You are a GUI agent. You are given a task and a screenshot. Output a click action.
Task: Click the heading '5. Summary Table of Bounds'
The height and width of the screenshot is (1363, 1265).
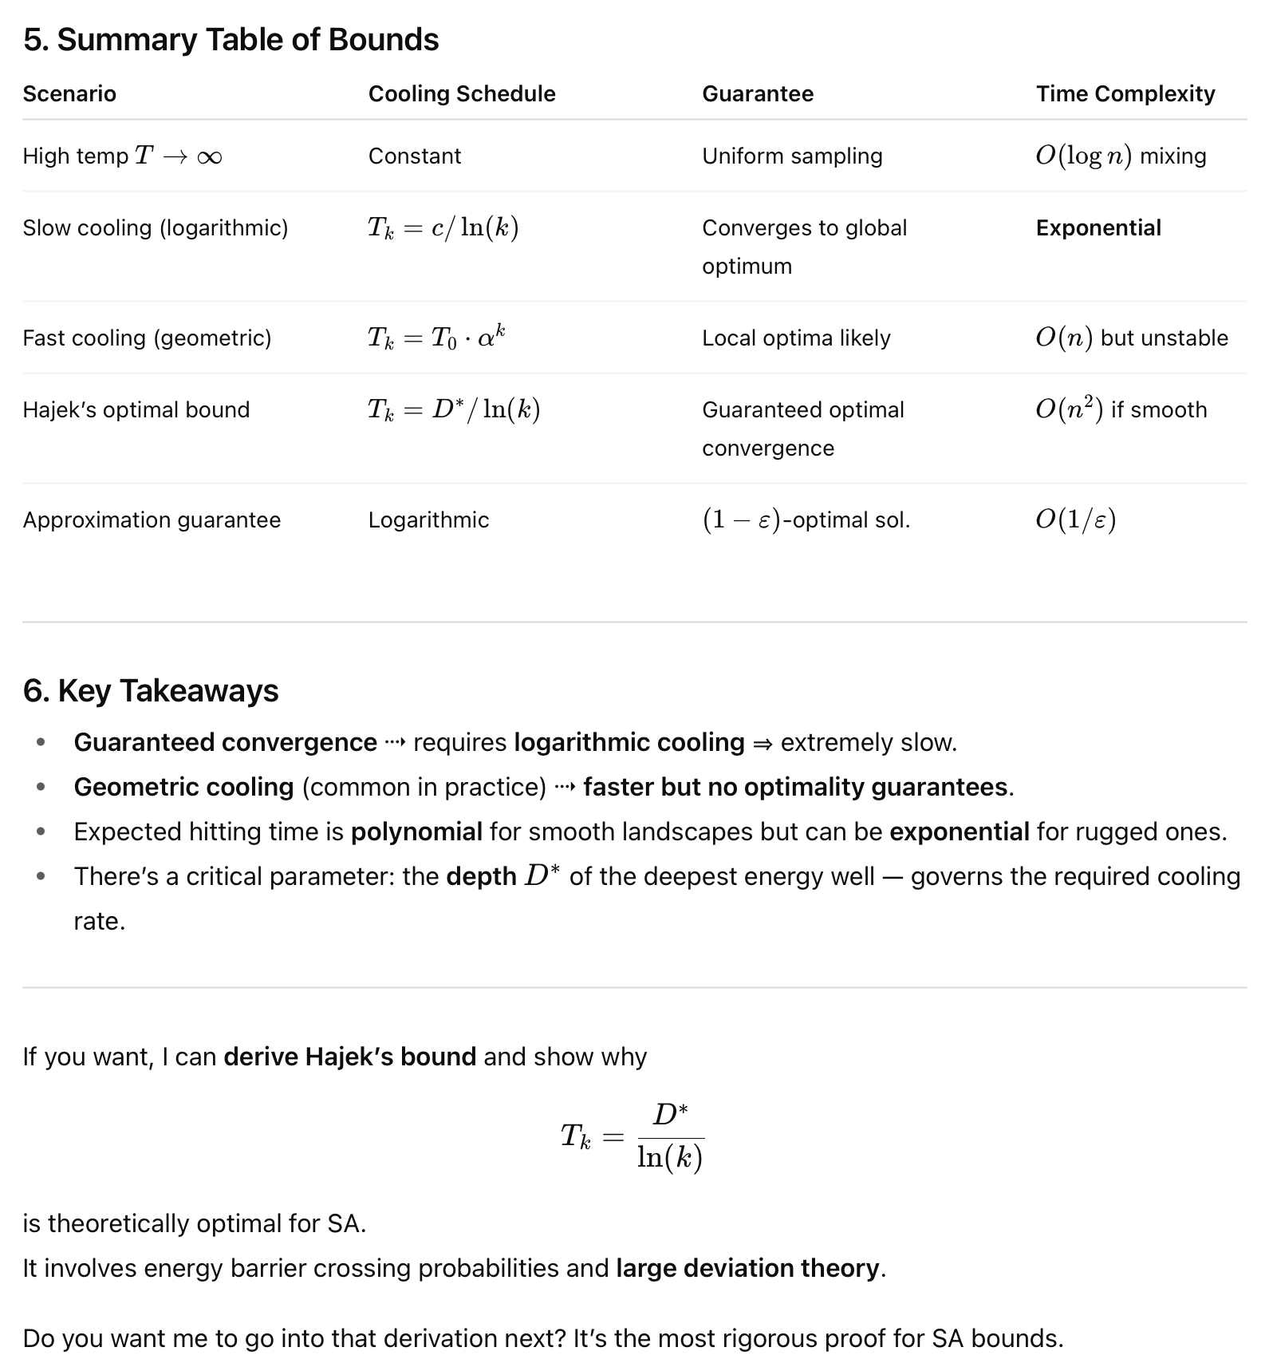(231, 40)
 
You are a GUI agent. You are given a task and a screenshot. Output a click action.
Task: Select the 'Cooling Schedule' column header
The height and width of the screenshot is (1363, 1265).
(462, 94)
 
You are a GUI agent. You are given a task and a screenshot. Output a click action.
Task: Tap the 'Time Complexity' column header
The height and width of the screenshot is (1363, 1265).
(1125, 94)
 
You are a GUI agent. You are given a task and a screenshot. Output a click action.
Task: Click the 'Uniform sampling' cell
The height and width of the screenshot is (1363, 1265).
(792, 156)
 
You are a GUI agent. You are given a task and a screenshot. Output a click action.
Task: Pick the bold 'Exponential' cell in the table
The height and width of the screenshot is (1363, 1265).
(1098, 228)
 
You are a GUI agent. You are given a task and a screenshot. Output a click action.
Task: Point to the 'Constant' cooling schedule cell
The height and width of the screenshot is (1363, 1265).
(415, 156)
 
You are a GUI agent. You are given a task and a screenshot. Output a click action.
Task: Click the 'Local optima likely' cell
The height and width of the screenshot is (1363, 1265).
(796, 338)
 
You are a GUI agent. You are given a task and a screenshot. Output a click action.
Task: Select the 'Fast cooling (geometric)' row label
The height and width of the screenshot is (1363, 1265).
(147, 338)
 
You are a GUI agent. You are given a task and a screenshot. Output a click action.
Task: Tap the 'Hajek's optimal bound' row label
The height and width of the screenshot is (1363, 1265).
(136, 410)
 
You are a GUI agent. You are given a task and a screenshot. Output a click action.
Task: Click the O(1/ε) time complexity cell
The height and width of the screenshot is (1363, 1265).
(1075, 520)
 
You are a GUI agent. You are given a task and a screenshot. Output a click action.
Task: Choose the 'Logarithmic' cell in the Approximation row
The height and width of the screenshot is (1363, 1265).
(428, 520)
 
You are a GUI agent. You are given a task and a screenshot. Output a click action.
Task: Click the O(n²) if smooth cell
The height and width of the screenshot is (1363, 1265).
(1121, 410)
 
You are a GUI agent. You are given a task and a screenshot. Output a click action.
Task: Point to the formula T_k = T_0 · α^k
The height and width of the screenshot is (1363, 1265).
(436, 338)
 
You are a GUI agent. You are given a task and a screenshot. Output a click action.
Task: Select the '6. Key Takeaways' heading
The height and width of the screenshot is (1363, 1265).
(151, 691)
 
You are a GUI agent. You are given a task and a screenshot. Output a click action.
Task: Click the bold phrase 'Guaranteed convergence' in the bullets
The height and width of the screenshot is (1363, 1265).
(225, 743)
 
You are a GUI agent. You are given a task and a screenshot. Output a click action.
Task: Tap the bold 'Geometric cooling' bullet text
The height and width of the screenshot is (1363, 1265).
(183, 788)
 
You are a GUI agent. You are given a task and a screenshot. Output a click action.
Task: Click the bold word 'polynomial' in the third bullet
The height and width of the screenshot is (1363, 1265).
(416, 832)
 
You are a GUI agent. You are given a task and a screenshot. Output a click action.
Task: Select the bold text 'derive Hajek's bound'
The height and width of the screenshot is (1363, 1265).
(349, 1057)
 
